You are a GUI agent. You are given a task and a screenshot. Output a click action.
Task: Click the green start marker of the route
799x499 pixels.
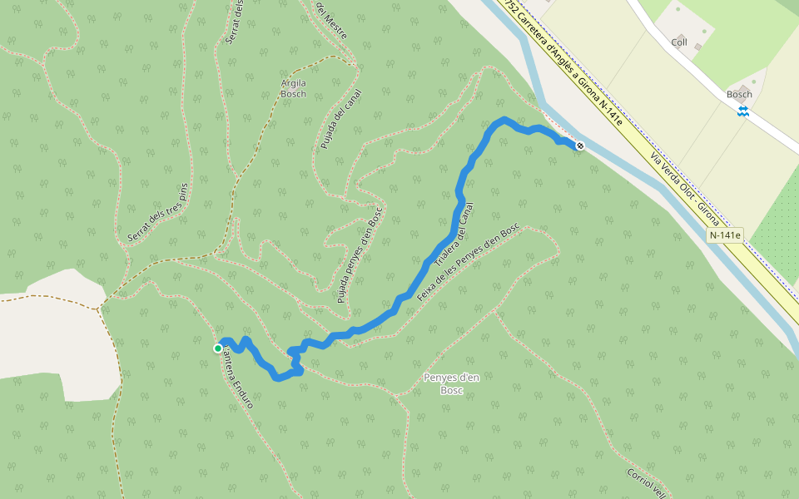pyautogui.click(x=218, y=348)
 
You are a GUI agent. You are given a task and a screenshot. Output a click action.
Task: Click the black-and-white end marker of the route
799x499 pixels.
pyautogui.click(x=580, y=146)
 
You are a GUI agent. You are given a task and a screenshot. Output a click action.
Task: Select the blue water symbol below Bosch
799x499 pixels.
pyautogui.click(x=742, y=111)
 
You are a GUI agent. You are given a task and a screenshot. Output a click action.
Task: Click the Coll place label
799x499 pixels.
pyautogui.click(x=680, y=42)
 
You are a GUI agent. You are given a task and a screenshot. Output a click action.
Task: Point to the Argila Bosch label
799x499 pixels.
pyautogui.click(x=293, y=88)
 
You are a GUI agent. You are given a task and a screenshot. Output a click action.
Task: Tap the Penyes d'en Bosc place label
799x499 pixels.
pyautogui.click(x=451, y=383)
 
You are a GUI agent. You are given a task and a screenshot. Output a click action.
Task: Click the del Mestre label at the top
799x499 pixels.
pyautogui.click(x=331, y=20)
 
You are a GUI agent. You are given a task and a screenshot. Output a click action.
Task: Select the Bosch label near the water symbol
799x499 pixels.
pyautogui.click(x=739, y=95)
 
